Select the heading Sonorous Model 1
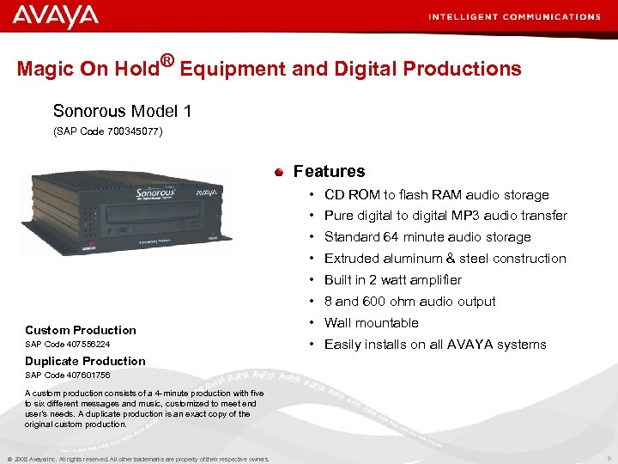[x=122, y=111]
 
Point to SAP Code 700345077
[x=107, y=131]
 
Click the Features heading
[x=329, y=171]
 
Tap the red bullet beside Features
[x=279, y=173]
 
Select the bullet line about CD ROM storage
[x=436, y=195]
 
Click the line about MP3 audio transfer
[x=445, y=216]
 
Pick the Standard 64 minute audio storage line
[x=427, y=237]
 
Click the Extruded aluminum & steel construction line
[x=445, y=259]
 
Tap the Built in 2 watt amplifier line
[x=392, y=280]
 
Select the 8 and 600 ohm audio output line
[x=409, y=302]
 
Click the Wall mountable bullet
[x=371, y=323]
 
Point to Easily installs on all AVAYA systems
[x=434, y=345]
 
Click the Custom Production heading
[x=81, y=330]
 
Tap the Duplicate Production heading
[x=85, y=361]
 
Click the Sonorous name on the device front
[x=155, y=192]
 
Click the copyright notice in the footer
[x=137, y=459]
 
